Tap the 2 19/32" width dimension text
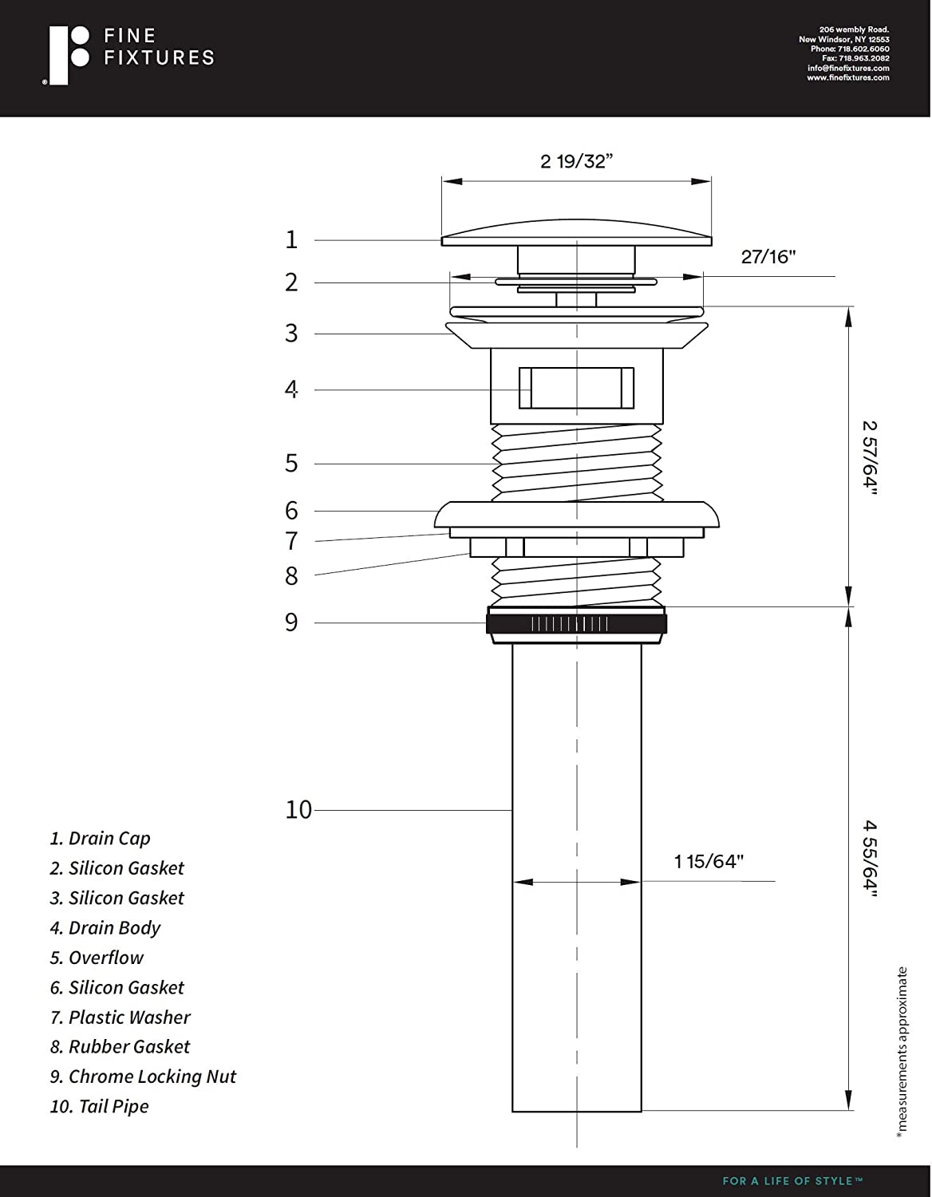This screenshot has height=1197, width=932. pos(576,161)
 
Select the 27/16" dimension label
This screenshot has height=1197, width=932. pos(768,257)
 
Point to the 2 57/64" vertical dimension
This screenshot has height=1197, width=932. pos(869,457)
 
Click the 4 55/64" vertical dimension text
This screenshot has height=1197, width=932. pos(869,859)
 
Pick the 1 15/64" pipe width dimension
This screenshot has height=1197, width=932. pos(709,862)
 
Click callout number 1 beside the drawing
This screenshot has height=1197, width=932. pos(291,239)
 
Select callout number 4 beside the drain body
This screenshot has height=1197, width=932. pos(291,389)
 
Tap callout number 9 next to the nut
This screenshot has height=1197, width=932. pos(291,622)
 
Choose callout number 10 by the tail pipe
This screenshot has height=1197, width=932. pos(298,810)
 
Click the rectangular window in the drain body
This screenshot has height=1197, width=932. pos(576,388)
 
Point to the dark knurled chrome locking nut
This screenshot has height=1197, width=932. pos(576,623)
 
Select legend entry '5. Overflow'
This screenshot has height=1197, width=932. pos(97,958)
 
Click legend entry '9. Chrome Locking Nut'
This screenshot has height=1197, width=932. pos(143,1077)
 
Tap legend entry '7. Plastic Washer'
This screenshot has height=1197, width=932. pos(120,1017)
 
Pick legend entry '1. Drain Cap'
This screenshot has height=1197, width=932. pos(100,839)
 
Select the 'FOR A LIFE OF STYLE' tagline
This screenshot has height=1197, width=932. pos(792,1181)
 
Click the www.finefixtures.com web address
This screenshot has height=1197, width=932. pos(847,78)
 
